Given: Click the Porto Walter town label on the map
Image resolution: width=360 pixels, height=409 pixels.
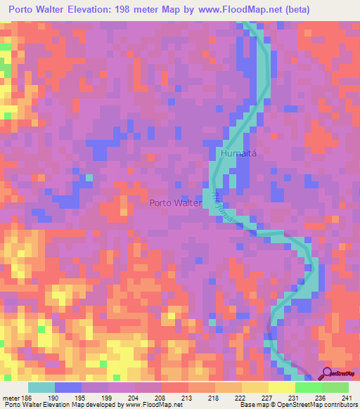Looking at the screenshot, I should tap(175, 203).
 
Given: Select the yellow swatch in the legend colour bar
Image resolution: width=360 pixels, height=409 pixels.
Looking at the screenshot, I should tap(281, 387).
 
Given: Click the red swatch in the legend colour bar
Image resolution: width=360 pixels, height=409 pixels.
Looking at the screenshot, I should tap(174, 387).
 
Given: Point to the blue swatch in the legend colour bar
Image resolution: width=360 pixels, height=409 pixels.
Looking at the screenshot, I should tap(67, 387).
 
